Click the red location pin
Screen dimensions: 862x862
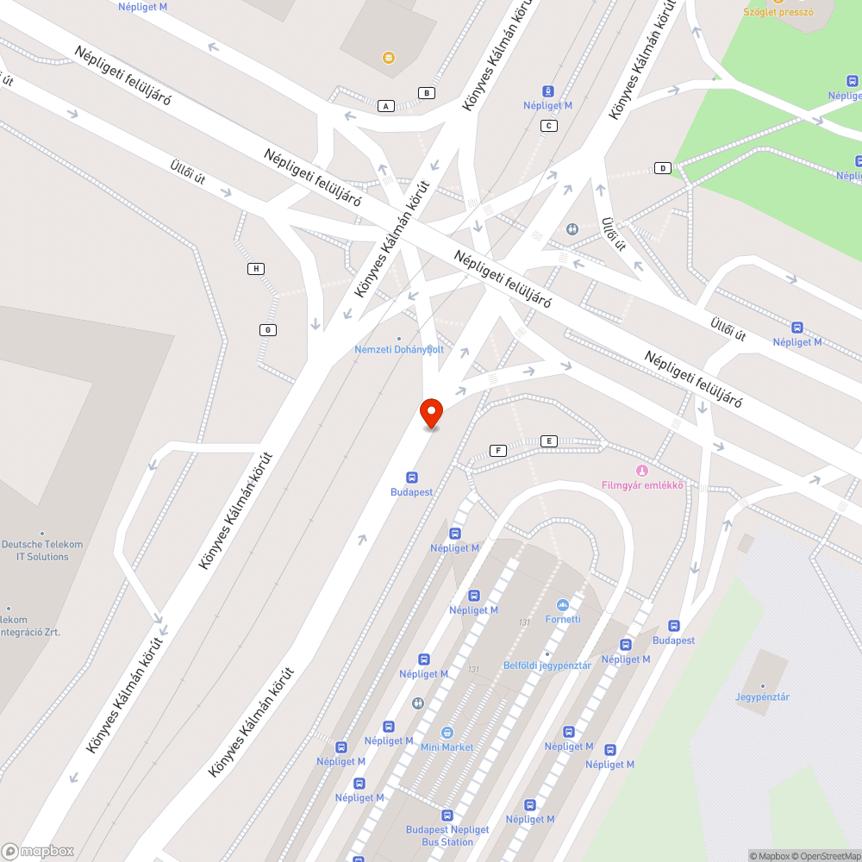click(x=430, y=412)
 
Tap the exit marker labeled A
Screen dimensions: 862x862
click(x=386, y=106)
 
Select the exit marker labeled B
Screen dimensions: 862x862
click(x=427, y=93)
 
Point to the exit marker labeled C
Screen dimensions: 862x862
click(x=548, y=126)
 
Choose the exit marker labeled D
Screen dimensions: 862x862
click(x=663, y=167)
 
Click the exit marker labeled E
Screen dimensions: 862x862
click(x=548, y=441)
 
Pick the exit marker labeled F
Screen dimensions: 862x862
click(x=497, y=451)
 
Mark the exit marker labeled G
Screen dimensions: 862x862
click(x=268, y=330)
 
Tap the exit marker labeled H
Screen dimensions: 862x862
click(x=256, y=269)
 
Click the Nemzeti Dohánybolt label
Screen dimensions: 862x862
click(x=399, y=349)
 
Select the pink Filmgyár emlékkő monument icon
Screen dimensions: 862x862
click(x=641, y=471)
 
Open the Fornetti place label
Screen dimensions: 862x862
click(x=563, y=619)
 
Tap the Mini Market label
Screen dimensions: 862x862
click(x=447, y=746)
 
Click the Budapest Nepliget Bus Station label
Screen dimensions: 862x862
click(x=447, y=835)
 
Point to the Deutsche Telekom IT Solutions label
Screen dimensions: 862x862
click(x=41, y=550)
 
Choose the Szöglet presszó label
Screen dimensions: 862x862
click(x=778, y=12)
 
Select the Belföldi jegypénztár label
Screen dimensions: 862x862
click(x=547, y=665)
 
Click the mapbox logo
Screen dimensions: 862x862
click(x=38, y=851)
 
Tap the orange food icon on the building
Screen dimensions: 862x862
click(x=389, y=58)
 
